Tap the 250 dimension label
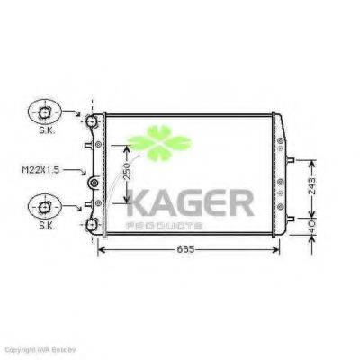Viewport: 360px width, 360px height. click(x=129, y=173)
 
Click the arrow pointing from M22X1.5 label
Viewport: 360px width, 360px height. click(x=82, y=171)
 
